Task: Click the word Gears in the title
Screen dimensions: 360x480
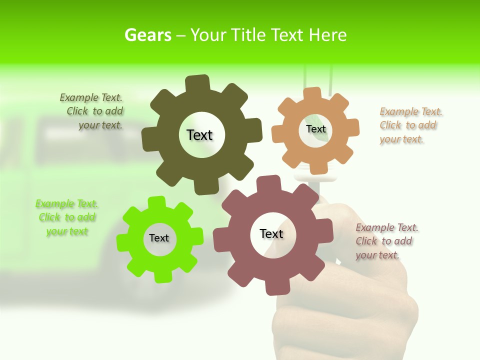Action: pyautogui.click(x=148, y=35)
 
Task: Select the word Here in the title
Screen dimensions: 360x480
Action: pyautogui.click(x=327, y=35)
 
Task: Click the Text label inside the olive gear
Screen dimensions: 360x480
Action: pyautogui.click(x=199, y=135)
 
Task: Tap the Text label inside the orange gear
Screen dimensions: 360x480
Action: pyautogui.click(x=316, y=129)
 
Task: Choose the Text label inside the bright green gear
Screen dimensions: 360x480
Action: pyautogui.click(x=159, y=238)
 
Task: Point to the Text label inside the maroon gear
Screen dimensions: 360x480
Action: pyautogui.click(x=271, y=234)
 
